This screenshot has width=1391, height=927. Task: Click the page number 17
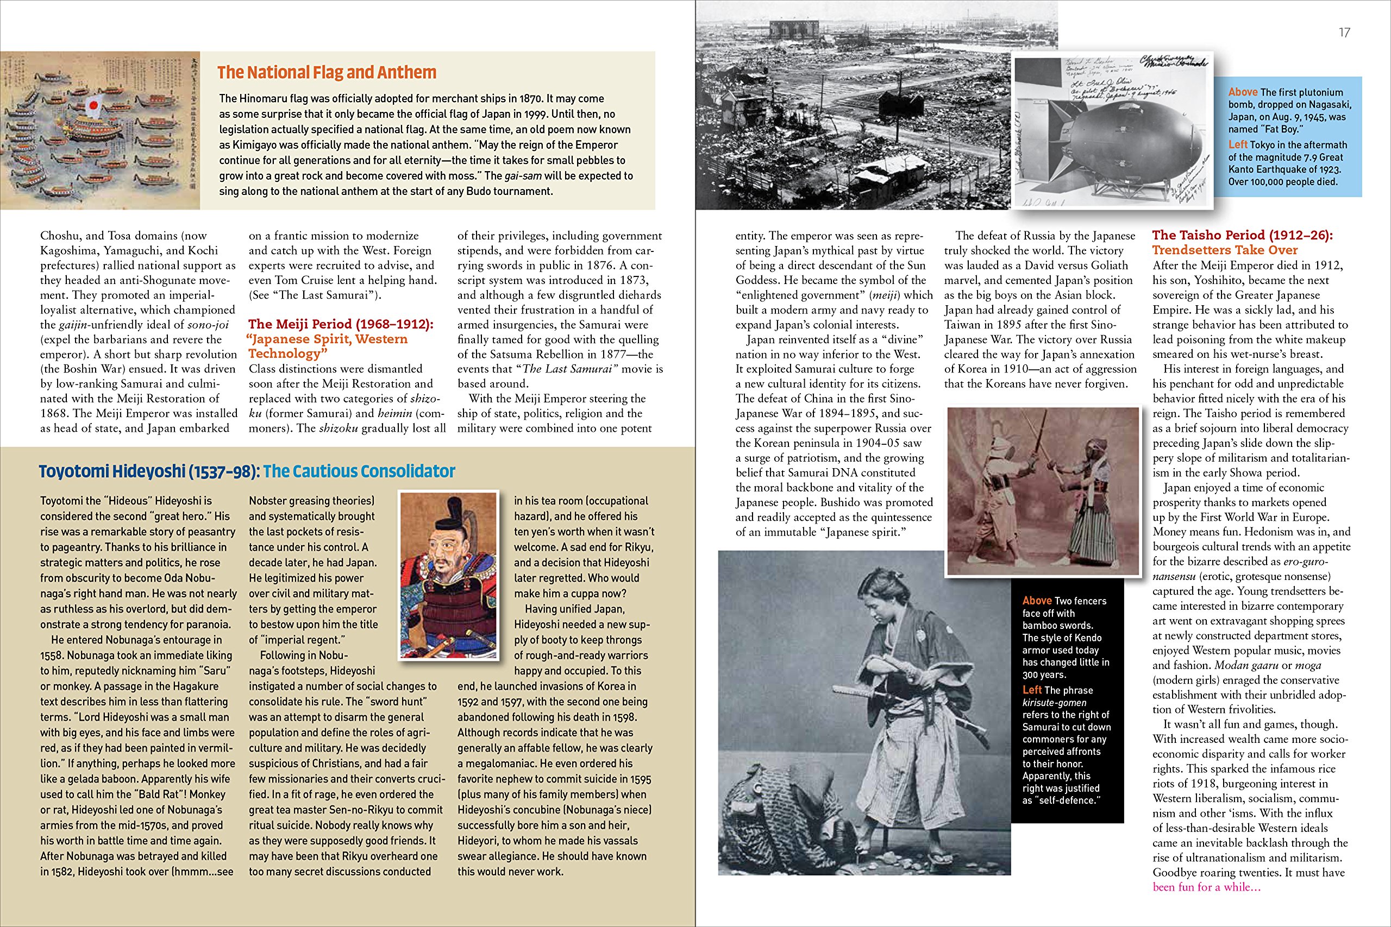1344,33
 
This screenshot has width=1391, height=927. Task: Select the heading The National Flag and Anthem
327,72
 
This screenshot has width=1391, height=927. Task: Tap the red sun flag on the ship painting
93,107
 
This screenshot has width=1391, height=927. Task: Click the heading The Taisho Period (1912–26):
1243,235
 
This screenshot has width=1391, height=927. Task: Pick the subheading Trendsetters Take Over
1225,250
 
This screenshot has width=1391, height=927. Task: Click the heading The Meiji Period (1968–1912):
341,324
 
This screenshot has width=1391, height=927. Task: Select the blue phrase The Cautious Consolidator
359,471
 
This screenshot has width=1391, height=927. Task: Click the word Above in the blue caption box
1243,92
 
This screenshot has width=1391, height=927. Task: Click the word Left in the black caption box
1032,690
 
